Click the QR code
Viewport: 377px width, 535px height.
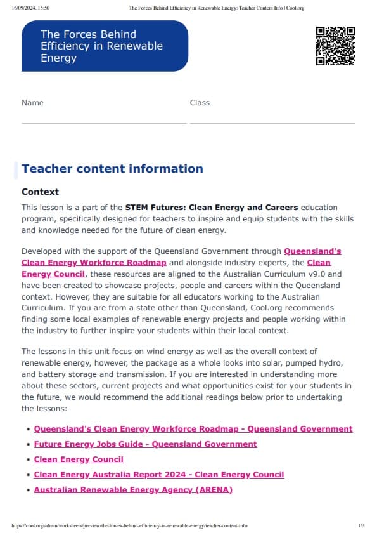(335, 46)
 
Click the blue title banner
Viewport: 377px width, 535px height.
(105, 46)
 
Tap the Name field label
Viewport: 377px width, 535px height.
(32, 103)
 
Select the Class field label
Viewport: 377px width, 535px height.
(200, 103)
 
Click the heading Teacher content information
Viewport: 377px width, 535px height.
(112, 169)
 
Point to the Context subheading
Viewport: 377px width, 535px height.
(40, 192)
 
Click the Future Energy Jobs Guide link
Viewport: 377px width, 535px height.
(145, 444)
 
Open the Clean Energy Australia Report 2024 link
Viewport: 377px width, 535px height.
(159, 475)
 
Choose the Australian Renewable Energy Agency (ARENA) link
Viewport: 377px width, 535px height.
(133, 490)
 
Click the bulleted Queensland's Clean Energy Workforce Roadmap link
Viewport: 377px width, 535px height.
(193, 429)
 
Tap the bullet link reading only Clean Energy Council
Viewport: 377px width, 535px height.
(79, 459)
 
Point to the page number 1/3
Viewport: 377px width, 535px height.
(361, 526)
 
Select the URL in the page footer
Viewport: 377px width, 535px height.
(129, 526)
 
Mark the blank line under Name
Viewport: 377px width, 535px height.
(104, 122)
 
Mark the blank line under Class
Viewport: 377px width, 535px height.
(272, 122)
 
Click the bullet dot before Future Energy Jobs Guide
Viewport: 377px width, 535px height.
(29, 445)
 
